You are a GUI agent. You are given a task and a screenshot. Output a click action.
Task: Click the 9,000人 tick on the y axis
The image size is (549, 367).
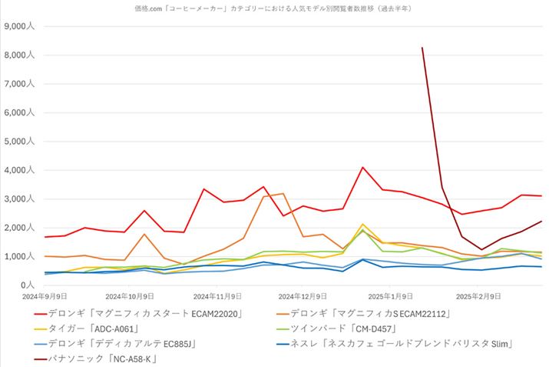pyautogui.click(x=18, y=26)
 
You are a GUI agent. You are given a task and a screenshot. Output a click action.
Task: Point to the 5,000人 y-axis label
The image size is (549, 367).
pyautogui.click(x=18, y=142)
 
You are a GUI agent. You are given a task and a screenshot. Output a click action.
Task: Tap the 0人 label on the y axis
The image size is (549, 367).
pyautogui.click(x=27, y=285)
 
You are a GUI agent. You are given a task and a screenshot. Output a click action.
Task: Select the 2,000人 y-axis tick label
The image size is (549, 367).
pyautogui.click(x=18, y=228)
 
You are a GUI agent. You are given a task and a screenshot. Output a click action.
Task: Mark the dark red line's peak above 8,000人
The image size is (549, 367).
pyautogui.click(x=422, y=48)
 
